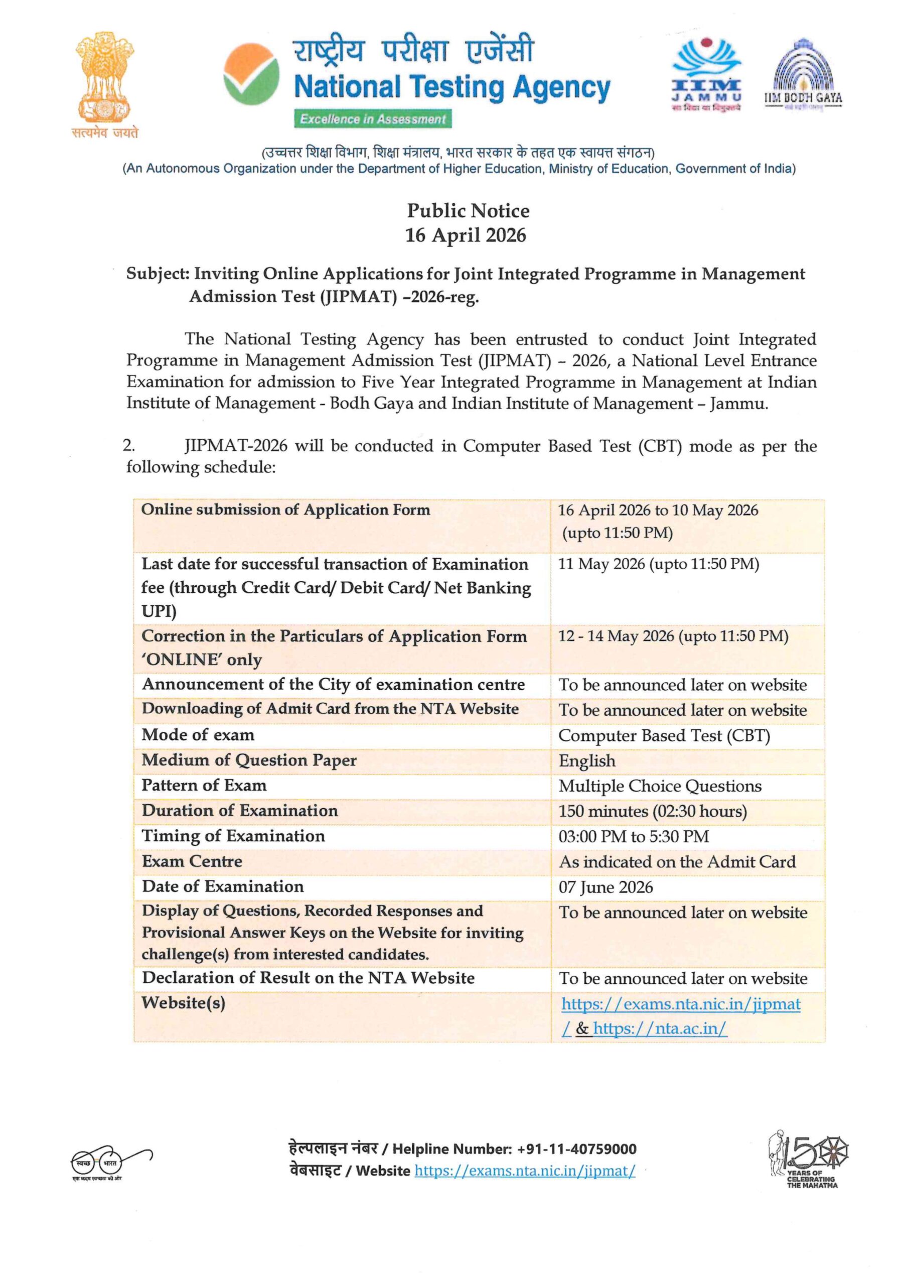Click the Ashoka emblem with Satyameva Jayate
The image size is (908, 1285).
click(105, 84)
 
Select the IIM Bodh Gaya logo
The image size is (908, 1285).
click(803, 76)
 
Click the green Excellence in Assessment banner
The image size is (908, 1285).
click(373, 119)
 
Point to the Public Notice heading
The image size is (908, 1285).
click(468, 211)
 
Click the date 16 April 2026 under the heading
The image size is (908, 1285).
click(466, 235)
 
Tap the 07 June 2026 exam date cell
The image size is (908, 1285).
click(606, 887)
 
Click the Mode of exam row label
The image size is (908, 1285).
click(198, 735)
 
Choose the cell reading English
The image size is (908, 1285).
click(587, 761)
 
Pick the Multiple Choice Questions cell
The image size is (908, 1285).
click(660, 787)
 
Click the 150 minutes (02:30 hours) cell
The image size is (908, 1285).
click(652, 812)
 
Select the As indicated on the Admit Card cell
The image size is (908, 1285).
click(677, 862)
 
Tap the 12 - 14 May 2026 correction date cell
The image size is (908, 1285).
click(673, 636)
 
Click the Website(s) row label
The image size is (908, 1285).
click(184, 1003)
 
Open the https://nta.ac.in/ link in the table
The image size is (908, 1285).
click(660, 1028)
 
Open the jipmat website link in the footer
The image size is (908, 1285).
click(524, 1171)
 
